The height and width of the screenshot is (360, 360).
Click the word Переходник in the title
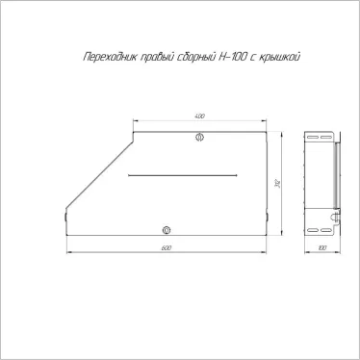100,57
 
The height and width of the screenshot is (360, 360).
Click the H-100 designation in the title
239,57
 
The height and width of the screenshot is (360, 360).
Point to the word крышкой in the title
287,57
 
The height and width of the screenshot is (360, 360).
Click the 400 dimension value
199,116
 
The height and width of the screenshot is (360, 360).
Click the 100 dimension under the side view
321,248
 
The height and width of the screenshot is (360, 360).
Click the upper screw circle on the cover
200,138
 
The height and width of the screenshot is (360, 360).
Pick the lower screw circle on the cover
166,230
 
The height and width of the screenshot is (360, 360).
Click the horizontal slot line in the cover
182,175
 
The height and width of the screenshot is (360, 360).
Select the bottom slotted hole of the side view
311,230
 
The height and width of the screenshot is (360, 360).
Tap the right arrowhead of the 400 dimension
264,121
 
